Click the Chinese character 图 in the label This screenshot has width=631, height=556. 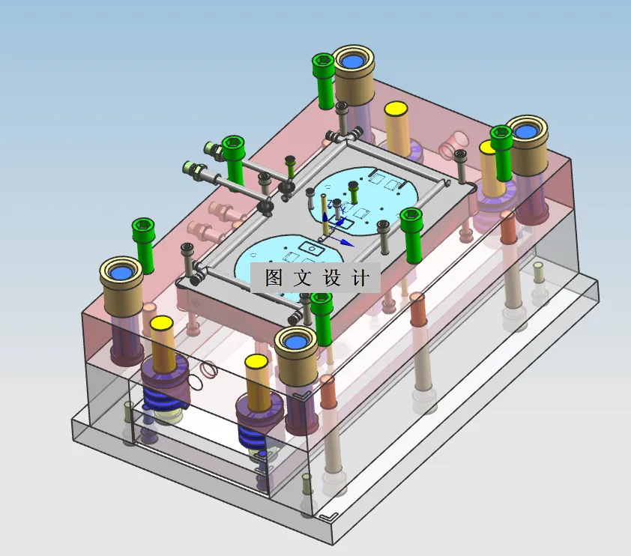(274, 277)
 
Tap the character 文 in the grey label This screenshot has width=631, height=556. (303, 277)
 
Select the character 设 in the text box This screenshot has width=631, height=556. (332, 277)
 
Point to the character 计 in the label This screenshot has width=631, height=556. (360, 277)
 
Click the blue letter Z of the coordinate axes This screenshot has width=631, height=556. (330, 204)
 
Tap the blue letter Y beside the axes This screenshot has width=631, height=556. (342, 210)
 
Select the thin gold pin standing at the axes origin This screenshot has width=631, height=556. (324, 215)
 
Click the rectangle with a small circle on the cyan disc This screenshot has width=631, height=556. (313, 249)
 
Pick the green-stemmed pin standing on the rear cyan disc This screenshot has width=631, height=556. (354, 193)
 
